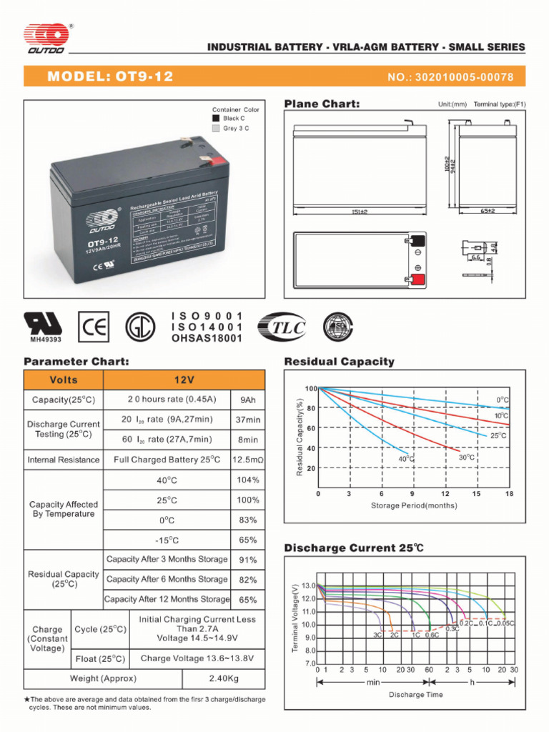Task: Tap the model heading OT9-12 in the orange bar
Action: (x=110, y=76)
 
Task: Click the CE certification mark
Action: (x=93, y=327)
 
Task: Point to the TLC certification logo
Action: (x=282, y=327)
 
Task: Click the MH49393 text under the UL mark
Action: (x=44, y=340)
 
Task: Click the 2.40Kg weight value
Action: (x=224, y=678)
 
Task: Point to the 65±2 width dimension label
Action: (x=488, y=212)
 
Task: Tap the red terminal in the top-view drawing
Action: (x=417, y=280)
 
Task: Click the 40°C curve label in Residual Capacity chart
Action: (x=407, y=458)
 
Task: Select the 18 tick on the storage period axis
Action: (x=509, y=494)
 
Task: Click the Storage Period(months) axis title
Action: (x=414, y=505)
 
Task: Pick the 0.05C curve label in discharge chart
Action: (x=505, y=623)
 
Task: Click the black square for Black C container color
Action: (x=216, y=119)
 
